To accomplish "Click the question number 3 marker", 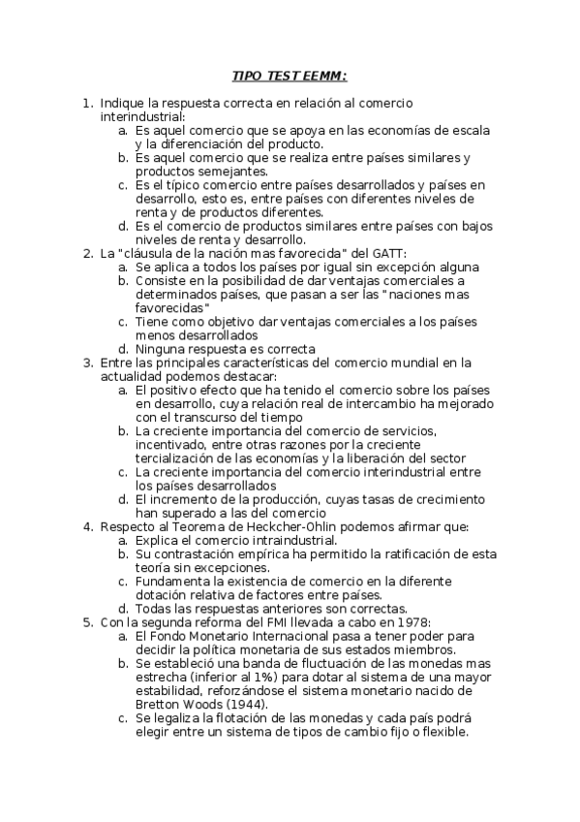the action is tap(88, 363).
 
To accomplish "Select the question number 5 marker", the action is tap(88, 621).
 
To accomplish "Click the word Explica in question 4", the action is tap(159, 540).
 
